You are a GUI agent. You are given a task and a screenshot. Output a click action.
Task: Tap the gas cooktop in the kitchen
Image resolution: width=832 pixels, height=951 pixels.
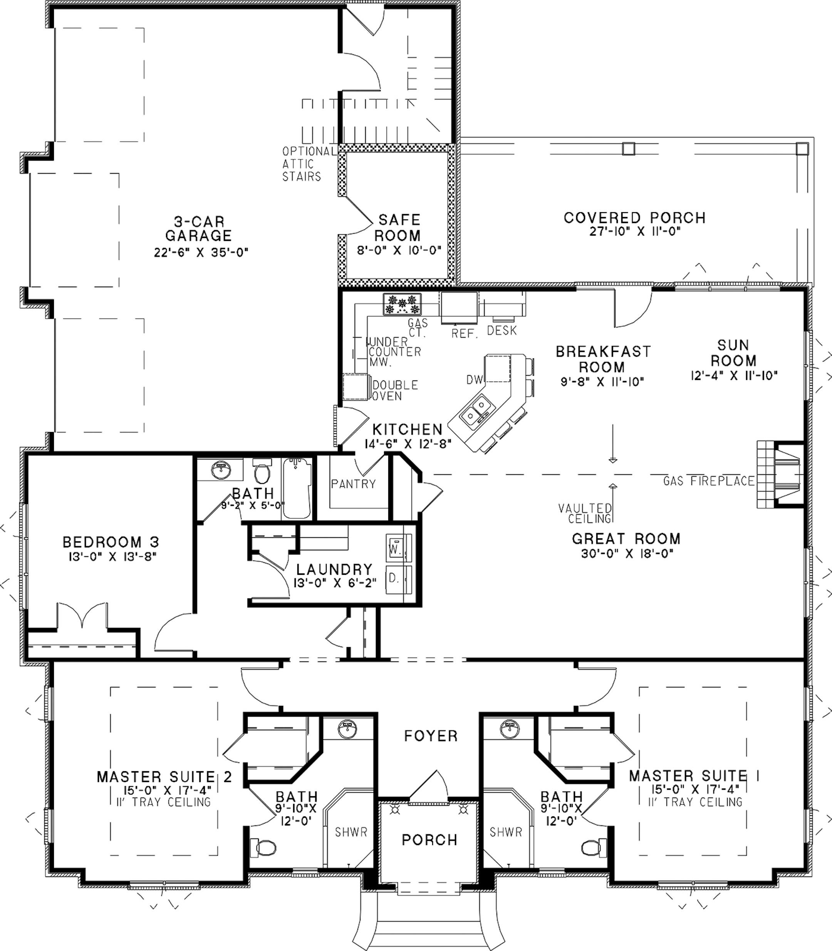coord(402,304)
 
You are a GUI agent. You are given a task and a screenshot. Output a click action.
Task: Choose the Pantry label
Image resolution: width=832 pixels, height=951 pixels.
coord(353,484)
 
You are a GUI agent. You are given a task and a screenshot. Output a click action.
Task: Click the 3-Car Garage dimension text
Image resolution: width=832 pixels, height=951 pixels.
coord(201,253)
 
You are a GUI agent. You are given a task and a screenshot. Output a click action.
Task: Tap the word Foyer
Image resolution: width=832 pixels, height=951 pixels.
coord(431,736)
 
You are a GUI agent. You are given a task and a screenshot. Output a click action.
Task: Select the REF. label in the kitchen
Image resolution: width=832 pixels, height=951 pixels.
coord(464,334)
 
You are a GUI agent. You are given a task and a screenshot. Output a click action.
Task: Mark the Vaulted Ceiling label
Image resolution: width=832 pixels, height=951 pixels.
coord(585,513)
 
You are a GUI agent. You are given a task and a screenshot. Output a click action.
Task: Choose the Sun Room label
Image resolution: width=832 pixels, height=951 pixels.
coord(733,353)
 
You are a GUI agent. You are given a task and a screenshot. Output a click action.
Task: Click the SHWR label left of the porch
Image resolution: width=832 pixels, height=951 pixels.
coord(351,832)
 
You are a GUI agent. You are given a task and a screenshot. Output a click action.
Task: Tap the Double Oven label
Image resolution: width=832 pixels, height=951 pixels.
coord(395,390)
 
